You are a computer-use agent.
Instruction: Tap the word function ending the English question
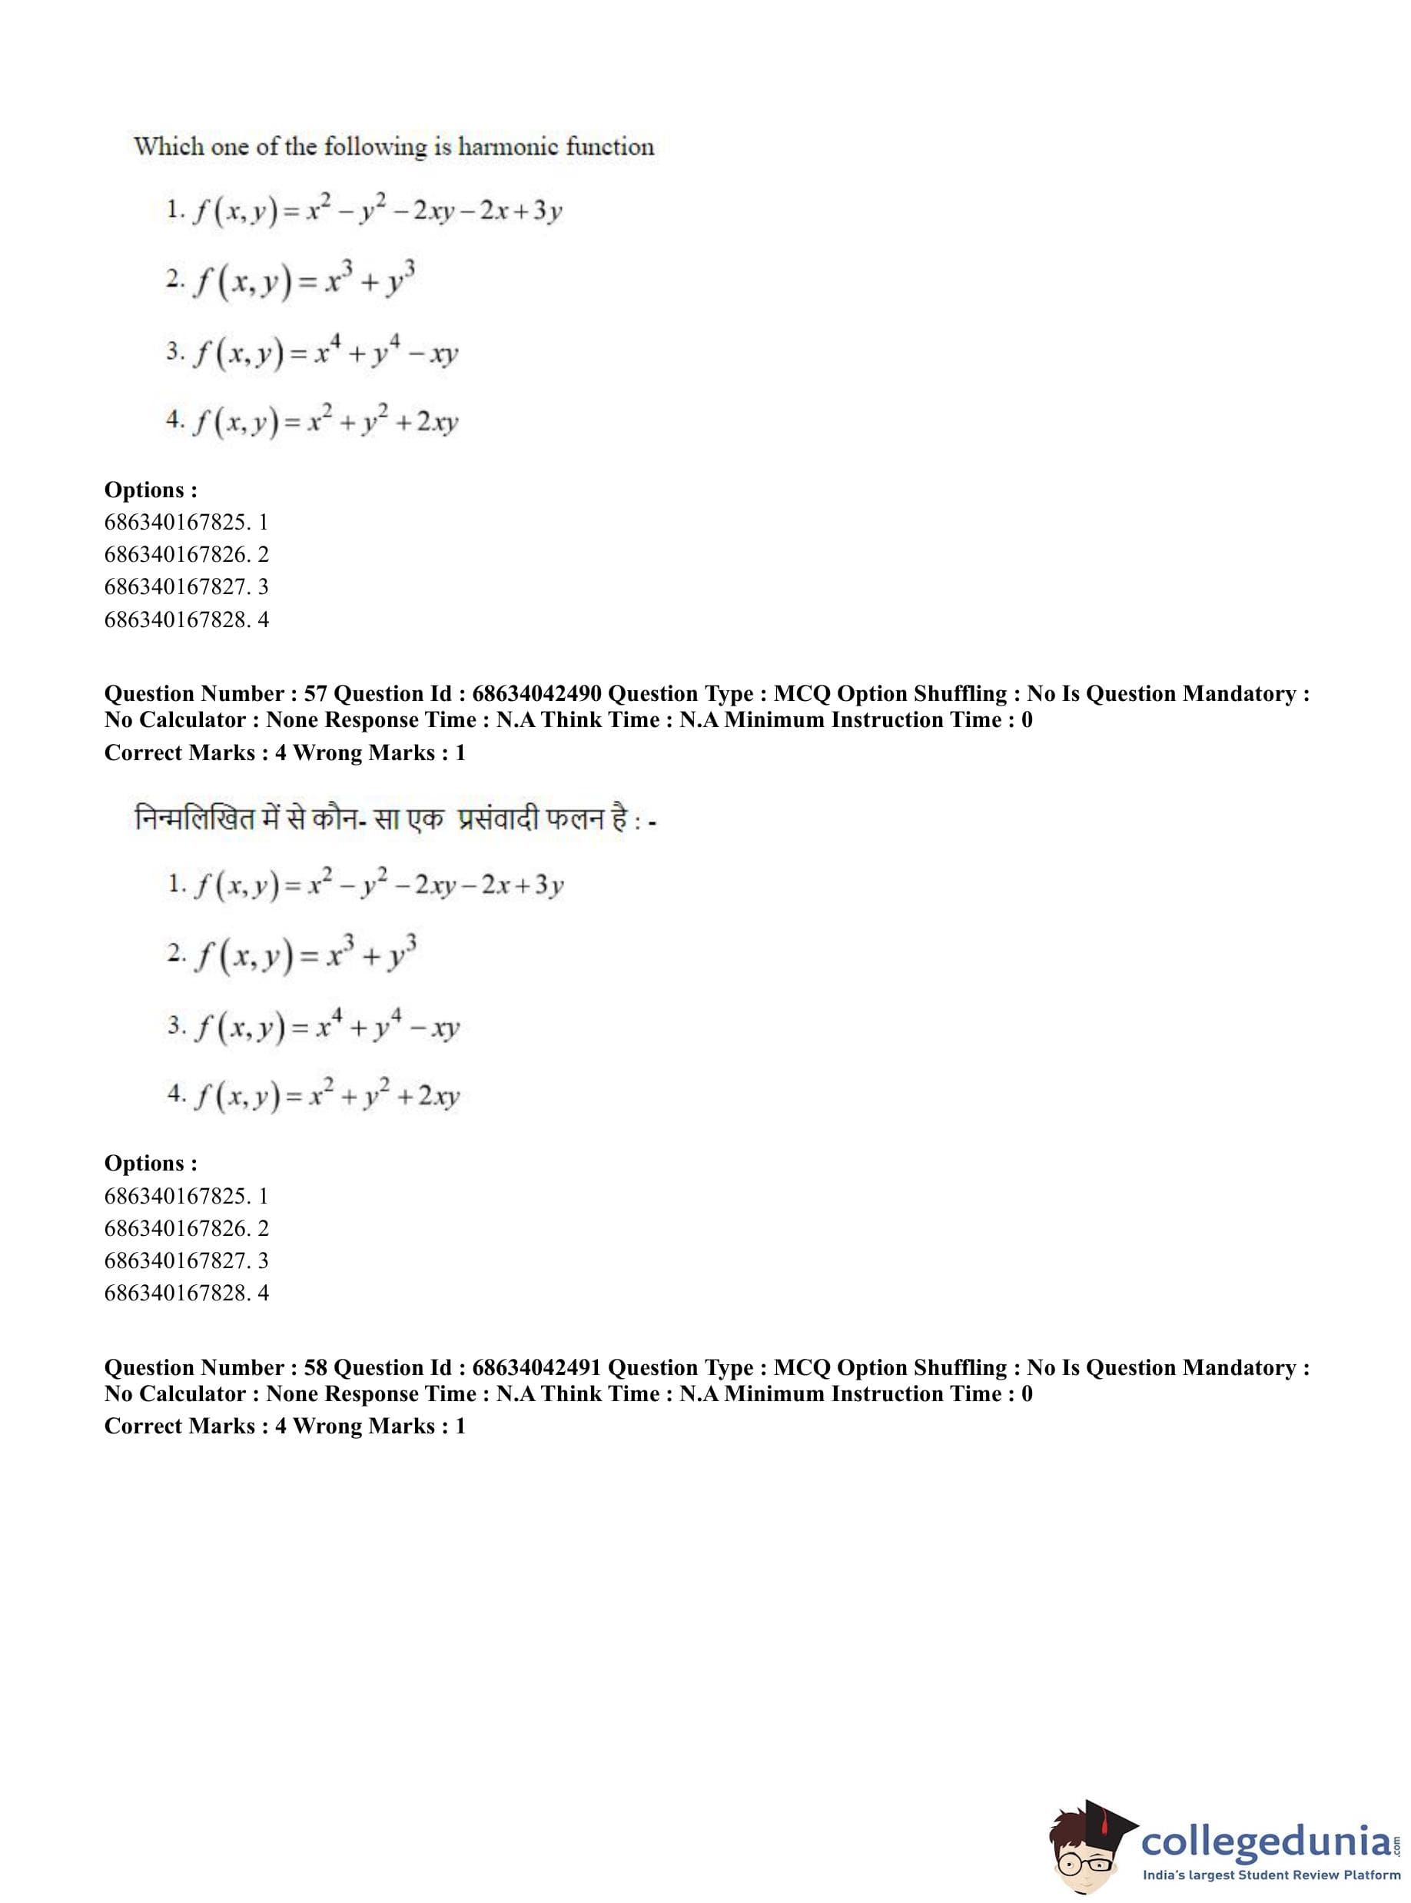[610, 147]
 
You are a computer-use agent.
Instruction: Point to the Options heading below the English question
[151, 490]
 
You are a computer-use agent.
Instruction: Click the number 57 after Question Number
[315, 693]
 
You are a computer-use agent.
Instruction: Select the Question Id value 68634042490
[536, 693]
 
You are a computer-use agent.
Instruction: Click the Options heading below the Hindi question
[151, 1164]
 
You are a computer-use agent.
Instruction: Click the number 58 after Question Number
[315, 1367]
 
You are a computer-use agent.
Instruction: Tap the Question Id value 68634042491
[536, 1367]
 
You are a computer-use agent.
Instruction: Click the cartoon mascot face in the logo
[1083, 1846]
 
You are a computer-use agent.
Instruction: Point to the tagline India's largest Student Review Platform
[1271, 1875]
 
